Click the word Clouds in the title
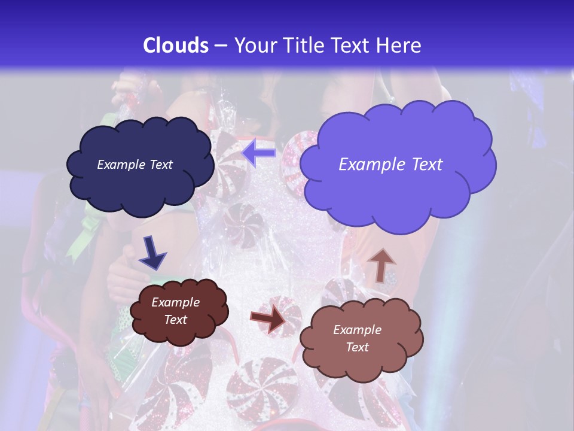(176, 45)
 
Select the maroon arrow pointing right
(268, 318)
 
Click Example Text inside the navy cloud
(135, 165)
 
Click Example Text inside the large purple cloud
(390, 165)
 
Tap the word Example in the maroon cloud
(175, 302)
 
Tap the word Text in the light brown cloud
(357, 348)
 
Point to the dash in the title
(221, 45)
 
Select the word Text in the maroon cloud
(175, 320)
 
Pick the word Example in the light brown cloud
(357, 330)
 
